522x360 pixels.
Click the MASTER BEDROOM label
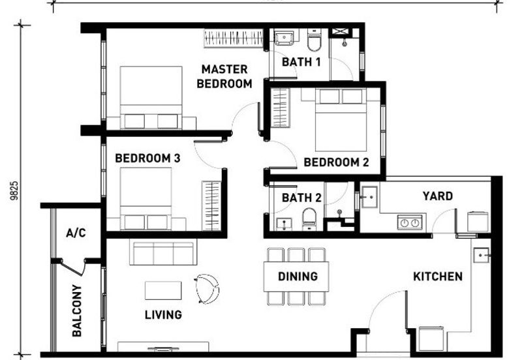pyautogui.click(x=224, y=76)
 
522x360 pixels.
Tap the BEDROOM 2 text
pyautogui.click(x=331, y=162)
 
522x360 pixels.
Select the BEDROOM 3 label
pyautogui.click(x=147, y=158)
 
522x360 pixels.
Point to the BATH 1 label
pyautogui.click(x=301, y=63)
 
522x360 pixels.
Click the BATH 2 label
pyautogui.click(x=301, y=198)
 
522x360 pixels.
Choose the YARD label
pyautogui.click(x=437, y=196)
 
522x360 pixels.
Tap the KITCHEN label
pyautogui.click(x=438, y=277)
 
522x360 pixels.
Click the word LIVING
pyautogui.click(x=163, y=315)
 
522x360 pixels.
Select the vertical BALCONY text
pyautogui.click(x=77, y=310)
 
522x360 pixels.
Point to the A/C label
pyautogui.click(x=76, y=233)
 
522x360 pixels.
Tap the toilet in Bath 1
pyautogui.click(x=315, y=40)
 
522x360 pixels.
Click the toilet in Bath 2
pyautogui.click(x=309, y=218)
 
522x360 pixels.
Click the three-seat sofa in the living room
pyautogui.click(x=163, y=253)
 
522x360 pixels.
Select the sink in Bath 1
pyautogui.click(x=284, y=38)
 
